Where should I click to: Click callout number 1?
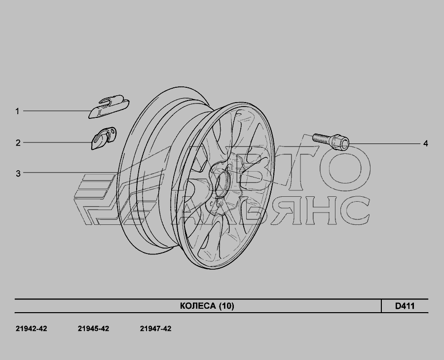(17, 111)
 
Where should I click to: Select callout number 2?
(18, 143)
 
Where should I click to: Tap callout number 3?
(18, 173)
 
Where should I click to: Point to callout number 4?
(425, 144)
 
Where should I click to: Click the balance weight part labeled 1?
(109, 107)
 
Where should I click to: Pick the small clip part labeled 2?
(104, 138)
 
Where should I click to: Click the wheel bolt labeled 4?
(331, 141)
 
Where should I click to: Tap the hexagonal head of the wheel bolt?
(340, 143)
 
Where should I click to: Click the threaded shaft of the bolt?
(322, 139)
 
